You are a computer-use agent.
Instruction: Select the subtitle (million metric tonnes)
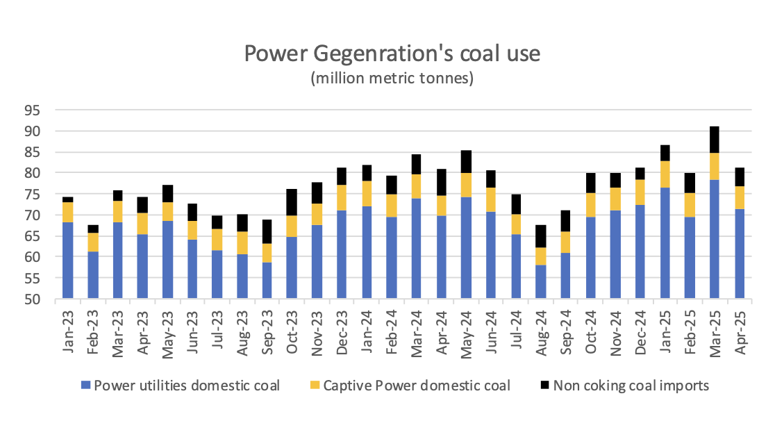pos(392,78)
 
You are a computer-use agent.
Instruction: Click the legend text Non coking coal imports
pos(631,386)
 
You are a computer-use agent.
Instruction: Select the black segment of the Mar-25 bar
pos(715,140)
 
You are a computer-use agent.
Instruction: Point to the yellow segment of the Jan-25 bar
pos(665,174)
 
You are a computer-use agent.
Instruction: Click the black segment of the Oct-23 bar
pos(292,202)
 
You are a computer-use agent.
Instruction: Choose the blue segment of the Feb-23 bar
pos(92,275)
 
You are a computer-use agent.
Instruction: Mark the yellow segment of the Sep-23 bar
pos(267,253)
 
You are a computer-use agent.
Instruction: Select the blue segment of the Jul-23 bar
pos(217,274)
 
